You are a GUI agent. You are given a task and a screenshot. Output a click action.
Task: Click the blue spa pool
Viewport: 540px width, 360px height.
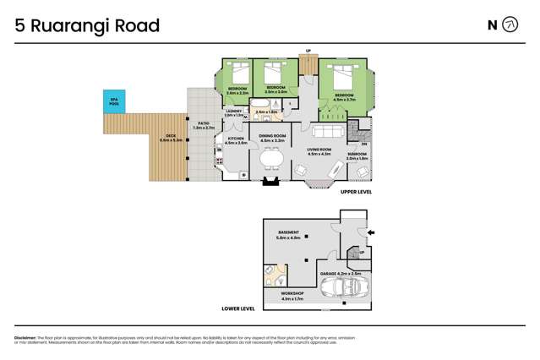coord(114,101)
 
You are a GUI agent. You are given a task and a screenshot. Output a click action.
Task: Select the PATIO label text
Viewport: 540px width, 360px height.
coord(204,125)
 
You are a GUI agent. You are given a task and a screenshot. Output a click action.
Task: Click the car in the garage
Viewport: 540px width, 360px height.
coord(343,288)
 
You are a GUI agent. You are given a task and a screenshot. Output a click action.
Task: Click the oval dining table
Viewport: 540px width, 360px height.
coord(271,157)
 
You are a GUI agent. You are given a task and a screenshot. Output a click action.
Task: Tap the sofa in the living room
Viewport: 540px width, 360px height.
coord(328,131)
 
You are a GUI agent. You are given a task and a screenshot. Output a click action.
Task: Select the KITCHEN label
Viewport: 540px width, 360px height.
coord(236,140)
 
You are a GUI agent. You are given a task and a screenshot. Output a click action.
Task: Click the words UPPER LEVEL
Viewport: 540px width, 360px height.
coord(356,193)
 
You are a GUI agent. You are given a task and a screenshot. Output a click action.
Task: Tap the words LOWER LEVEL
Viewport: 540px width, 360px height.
coord(237,308)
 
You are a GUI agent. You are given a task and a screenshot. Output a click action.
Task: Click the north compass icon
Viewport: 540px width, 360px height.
coord(510,25)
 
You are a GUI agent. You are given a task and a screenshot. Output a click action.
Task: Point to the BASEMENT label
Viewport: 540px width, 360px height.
coord(288,233)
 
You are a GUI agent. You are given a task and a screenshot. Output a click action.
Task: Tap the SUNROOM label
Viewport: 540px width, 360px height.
coord(357,155)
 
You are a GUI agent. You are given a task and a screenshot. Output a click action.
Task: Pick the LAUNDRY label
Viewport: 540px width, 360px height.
coord(234,111)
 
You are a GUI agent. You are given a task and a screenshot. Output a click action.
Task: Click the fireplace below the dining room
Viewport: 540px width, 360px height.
coord(271,180)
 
